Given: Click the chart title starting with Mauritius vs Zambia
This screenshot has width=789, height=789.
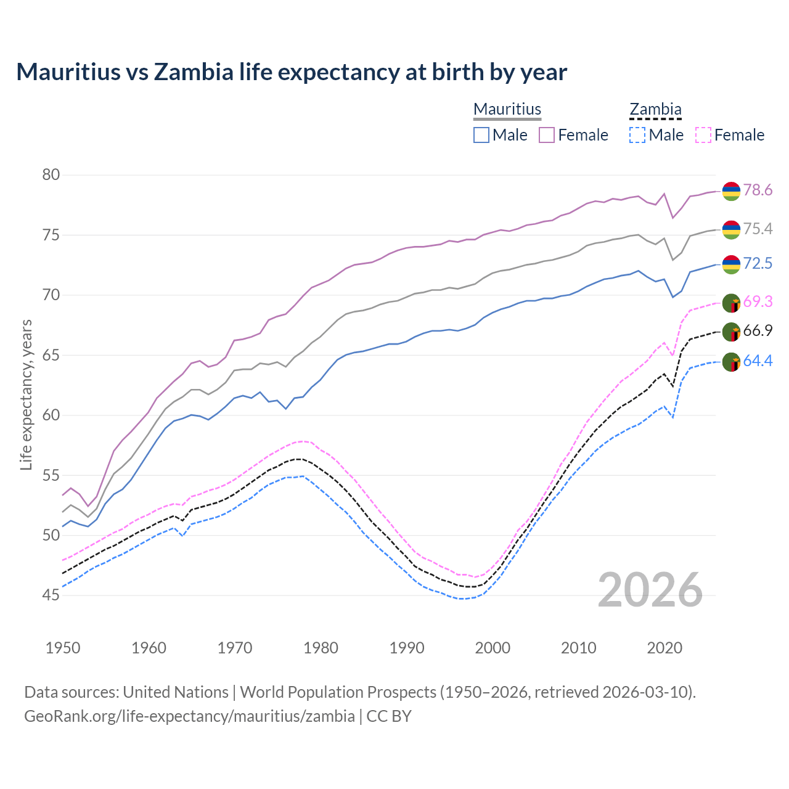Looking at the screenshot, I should pyautogui.click(x=292, y=72).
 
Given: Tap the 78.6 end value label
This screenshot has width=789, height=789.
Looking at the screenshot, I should pyautogui.click(x=758, y=190).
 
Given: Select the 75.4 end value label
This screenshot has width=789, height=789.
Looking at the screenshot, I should pyautogui.click(x=758, y=229).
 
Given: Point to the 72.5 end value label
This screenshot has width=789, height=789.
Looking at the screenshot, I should pyautogui.click(x=758, y=264).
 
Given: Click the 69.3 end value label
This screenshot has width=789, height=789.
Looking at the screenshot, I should pyautogui.click(x=758, y=302).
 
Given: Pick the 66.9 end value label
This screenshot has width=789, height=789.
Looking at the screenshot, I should pyautogui.click(x=758, y=331).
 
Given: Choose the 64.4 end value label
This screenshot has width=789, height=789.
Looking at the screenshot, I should pyautogui.click(x=758, y=361).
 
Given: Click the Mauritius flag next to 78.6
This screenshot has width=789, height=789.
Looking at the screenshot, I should pyautogui.click(x=731, y=191).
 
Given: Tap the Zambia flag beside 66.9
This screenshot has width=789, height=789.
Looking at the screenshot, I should pyautogui.click(x=731, y=332).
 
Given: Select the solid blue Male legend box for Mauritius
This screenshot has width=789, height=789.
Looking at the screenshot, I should pyautogui.click(x=481, y=135).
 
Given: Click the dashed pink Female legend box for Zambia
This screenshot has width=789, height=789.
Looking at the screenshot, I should pyautogui.click(x=703, y=135).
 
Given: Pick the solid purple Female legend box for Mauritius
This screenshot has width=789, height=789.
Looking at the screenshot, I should pyautogui.click(x=547, y=135).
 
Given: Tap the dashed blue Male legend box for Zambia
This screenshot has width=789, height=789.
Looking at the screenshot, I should pyautogui.click(x=637, y=135).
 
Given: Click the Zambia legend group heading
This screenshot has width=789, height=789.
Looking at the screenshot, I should pyautogui.click(x=655, y=110).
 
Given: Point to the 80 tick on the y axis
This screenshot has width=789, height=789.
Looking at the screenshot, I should pyautogui.click(x=51, y=175).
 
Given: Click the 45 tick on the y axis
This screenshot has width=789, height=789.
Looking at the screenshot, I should pyautogui.click(x=51, y=595).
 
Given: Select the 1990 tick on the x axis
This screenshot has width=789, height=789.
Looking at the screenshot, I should pyautogui.click(x=407, y=648).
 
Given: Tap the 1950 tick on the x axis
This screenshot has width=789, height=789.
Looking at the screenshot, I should pyautogui.click(x=63, y=648).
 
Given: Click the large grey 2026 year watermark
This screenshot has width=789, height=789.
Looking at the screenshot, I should pyautogui.click(x=650, y=590).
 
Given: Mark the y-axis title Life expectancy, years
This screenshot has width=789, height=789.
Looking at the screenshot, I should pyautogui.click(x=26, y=394).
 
